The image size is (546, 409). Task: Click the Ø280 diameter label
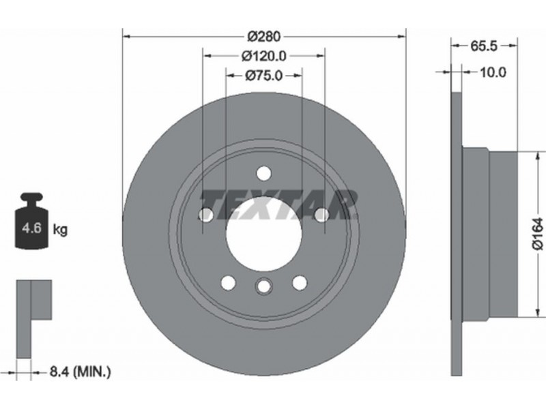263,36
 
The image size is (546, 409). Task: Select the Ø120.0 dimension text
264,56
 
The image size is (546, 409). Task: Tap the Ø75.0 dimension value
263,75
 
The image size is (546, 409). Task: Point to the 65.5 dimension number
484,46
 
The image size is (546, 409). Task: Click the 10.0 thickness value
493,72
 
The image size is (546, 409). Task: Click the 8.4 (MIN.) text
81,372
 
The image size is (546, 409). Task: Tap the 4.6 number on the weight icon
31,228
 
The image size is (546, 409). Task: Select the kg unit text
60,230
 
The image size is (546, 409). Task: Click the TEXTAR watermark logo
278,204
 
